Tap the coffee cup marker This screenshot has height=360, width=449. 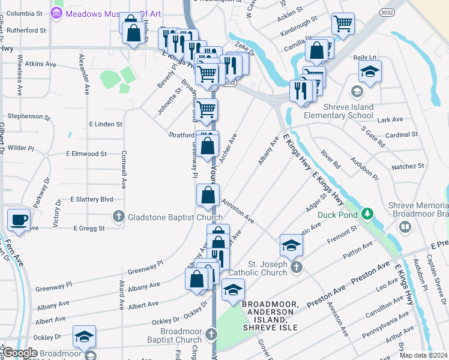19,220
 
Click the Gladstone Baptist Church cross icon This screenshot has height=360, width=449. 119,216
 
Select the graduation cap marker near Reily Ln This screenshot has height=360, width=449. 370,73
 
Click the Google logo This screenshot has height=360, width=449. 19,353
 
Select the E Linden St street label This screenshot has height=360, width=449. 106,124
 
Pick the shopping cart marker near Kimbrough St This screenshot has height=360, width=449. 342,24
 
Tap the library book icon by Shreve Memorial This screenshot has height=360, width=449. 406,227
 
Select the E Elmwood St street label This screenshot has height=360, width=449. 86,154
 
